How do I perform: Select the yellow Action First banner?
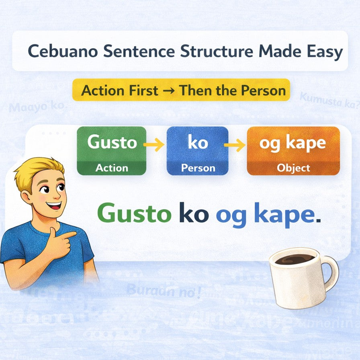point(181,90)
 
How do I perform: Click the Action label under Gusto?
point(112,168)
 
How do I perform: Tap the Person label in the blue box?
point(197,168)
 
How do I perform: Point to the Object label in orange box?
point(293,168)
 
